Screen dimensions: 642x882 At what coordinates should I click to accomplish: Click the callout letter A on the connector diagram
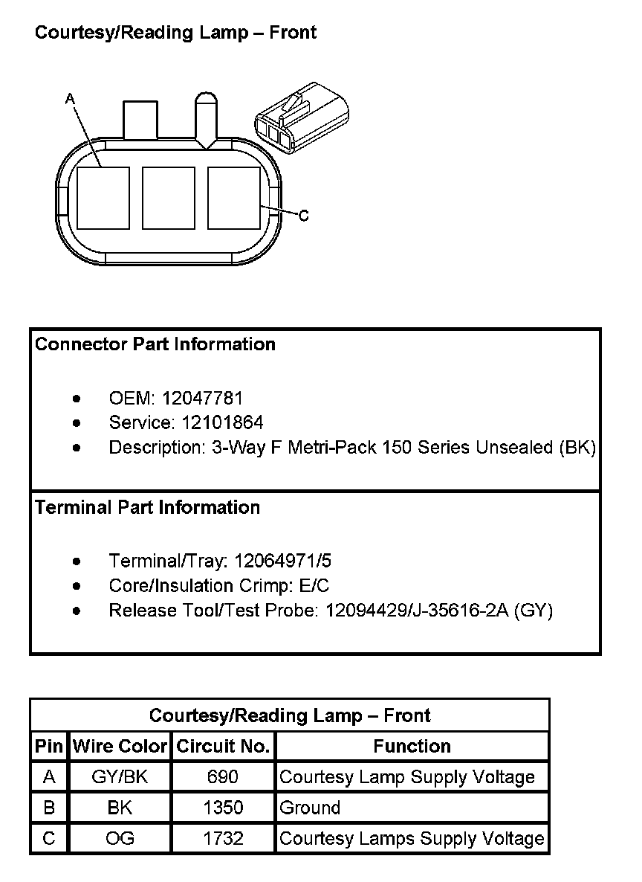71,98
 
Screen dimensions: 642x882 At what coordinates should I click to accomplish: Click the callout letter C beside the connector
303,216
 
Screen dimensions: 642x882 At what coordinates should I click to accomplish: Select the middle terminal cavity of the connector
168,198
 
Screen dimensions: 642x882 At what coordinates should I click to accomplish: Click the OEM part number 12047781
202,399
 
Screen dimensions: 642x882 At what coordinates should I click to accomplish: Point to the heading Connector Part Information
155,344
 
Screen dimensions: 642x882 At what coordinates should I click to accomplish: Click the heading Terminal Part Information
148,508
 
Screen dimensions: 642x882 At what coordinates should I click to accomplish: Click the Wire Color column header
120,747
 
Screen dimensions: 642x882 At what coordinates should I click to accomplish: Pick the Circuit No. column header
223,747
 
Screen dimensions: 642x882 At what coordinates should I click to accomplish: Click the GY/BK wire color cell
120,777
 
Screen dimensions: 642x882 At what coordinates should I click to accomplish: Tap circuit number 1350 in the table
223,808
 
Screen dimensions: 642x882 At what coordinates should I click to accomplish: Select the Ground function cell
310,808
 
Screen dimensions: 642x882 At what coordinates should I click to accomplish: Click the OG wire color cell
120,838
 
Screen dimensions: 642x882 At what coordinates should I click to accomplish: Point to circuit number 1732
223,838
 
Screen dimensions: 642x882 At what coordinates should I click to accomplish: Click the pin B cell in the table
49,808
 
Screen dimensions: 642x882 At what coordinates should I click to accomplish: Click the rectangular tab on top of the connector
140,119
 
